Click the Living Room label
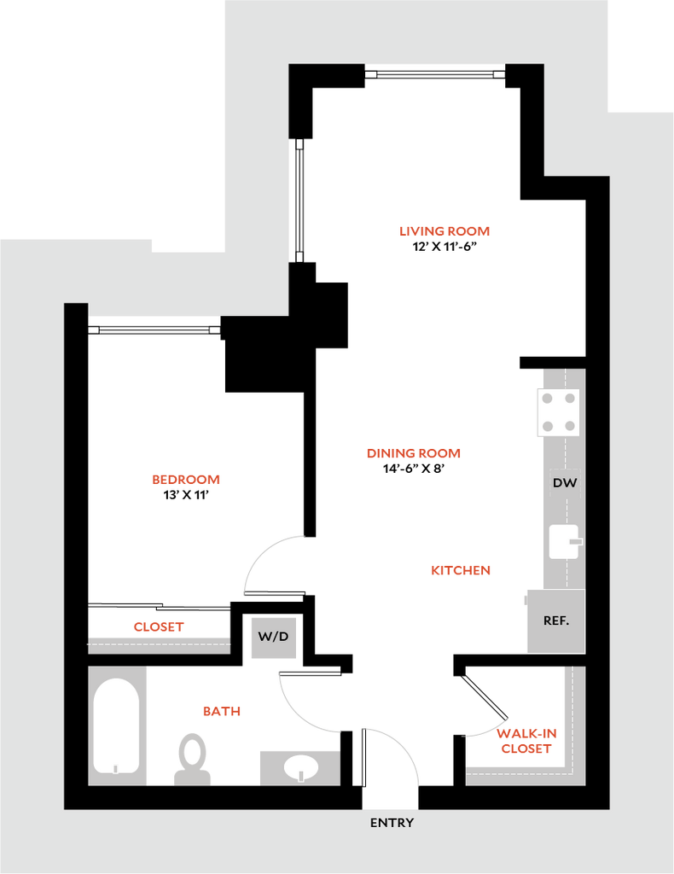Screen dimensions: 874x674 444,231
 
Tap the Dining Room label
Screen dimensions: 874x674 414,453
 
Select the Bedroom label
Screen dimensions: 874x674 186,480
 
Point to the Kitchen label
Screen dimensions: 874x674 461,571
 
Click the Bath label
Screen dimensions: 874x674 222,711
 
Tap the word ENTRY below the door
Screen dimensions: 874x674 392,823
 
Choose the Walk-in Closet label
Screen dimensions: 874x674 526,742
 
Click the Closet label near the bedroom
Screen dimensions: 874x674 159,626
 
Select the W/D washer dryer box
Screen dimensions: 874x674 273,637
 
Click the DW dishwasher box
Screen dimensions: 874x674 565,483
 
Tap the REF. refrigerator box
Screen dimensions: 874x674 555,621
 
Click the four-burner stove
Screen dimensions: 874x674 558,412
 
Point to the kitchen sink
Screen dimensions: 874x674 564,541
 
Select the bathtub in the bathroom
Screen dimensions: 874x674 116,725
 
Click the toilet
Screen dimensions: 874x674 193,757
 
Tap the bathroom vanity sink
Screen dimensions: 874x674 299,766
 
